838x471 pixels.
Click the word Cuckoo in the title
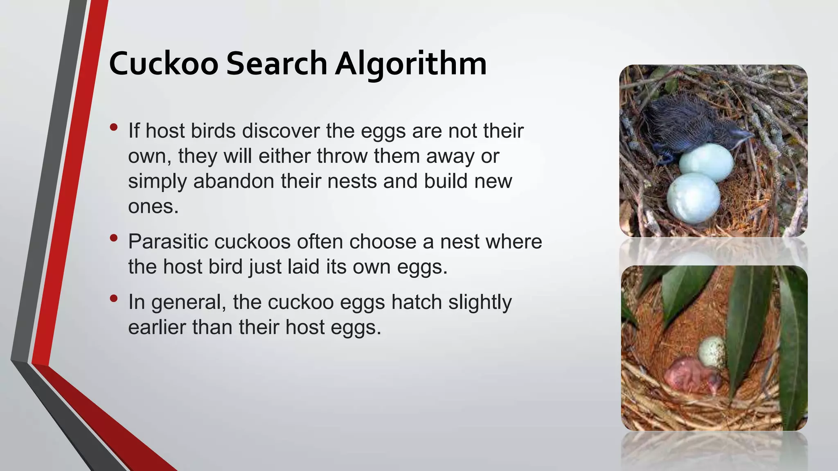(164, 64)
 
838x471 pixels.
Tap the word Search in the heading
(277, 64)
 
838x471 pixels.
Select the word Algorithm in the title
(411, 65)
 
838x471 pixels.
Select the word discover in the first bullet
(281, 131)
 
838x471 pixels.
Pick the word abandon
(233, 181)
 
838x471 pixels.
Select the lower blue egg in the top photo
(693, 198)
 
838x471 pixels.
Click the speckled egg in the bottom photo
(712, 352)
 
